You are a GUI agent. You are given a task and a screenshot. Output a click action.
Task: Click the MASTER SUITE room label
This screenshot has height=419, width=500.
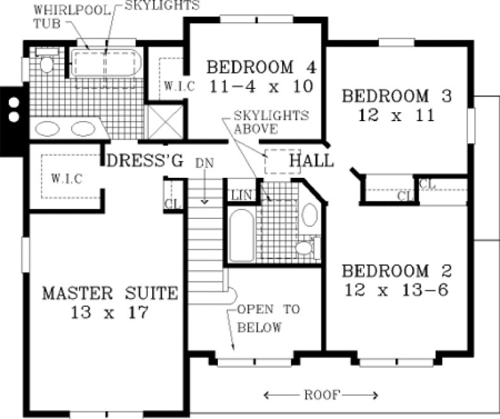110,293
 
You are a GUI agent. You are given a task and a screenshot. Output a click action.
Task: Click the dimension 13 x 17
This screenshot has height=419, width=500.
110,312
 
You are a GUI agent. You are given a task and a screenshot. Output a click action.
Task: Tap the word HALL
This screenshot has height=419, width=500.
311,161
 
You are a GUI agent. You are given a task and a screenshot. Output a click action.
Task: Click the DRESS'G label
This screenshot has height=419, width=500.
145,161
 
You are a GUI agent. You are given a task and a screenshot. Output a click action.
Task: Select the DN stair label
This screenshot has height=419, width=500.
204,163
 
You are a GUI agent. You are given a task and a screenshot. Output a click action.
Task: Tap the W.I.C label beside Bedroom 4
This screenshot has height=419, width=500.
176,85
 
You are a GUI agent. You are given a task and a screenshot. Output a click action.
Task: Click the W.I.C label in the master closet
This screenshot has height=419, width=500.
66,179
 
